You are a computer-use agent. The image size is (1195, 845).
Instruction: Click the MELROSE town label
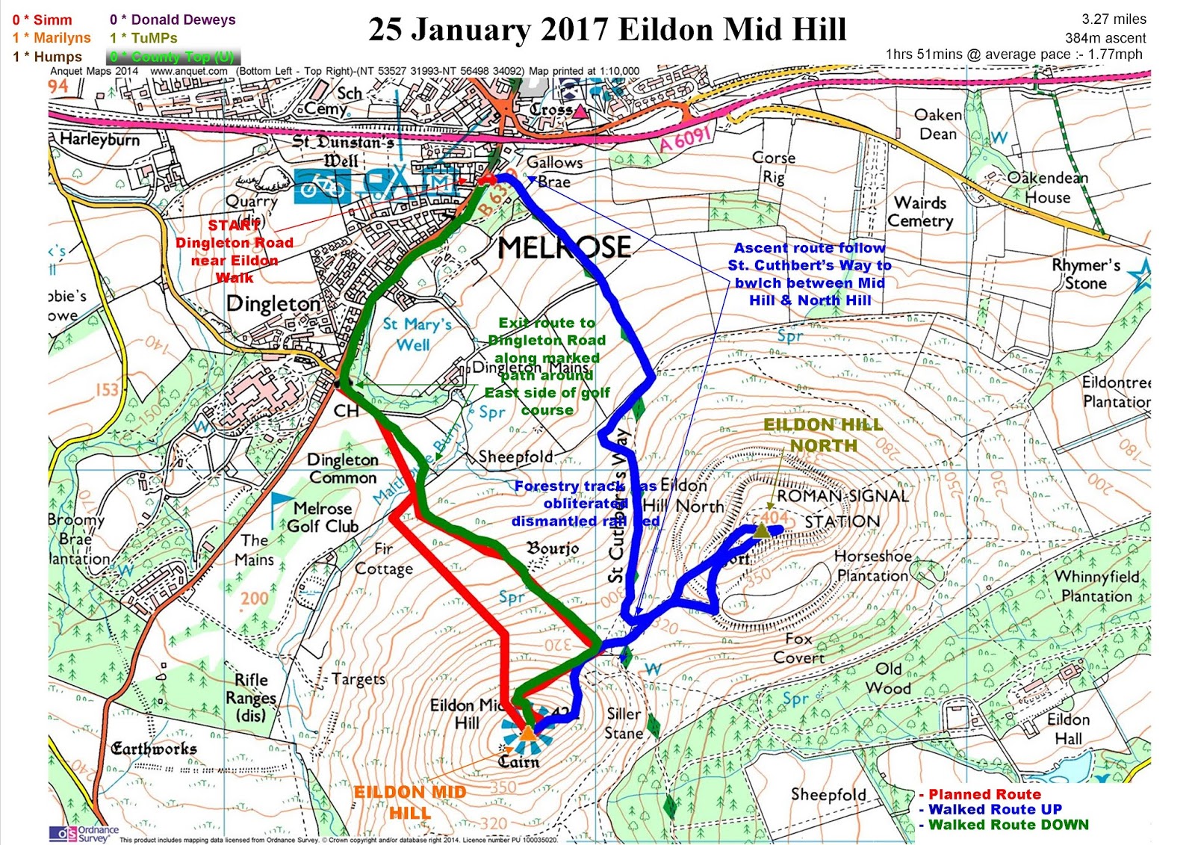pos(564,247)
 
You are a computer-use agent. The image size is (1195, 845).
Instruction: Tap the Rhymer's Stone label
pos(1086,274)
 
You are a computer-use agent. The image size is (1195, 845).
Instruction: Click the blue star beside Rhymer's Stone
pos(1140,277)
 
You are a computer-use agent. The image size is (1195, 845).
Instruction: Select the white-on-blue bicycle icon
pos(322,186)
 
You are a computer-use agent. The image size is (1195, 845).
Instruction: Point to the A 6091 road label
pos(684,137)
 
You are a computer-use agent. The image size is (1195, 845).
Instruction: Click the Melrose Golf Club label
pos(323,517)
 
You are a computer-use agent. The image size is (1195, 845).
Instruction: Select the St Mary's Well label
pos(416,333)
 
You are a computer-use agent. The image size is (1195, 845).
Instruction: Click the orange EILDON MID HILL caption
pos(409,802)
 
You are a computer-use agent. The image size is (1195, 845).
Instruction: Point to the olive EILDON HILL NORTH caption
pos(823,435)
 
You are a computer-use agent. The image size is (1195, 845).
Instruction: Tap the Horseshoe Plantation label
pos(872,566)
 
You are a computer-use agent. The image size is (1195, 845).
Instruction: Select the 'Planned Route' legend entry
pos(984,794)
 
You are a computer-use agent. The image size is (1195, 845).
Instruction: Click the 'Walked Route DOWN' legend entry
pos(1008,825)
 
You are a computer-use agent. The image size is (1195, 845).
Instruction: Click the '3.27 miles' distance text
pos(1114,19)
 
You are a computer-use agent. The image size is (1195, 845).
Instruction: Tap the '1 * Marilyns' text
pos(52,38)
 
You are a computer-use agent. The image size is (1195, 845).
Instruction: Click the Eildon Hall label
pos(1068,728)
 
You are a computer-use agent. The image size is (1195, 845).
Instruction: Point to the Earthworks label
pos(154,749)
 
